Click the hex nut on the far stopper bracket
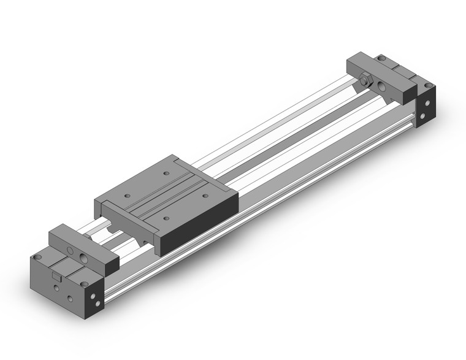pos(365,80)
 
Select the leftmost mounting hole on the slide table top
pos(128,196)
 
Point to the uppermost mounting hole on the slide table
pos(166,174)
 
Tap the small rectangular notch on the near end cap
pos(57,279)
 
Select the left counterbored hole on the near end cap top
pos(39,257)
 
